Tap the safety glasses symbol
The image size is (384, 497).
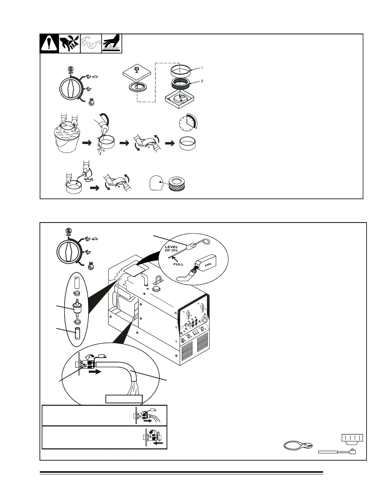point(91,44)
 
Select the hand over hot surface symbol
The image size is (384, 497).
point(112,44)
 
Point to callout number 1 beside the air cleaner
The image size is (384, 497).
point(202,68)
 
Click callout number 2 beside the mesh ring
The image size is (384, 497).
point(202,81)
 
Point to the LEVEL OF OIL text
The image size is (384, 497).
point(172,248)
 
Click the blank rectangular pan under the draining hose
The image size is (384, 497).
point(124,399)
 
